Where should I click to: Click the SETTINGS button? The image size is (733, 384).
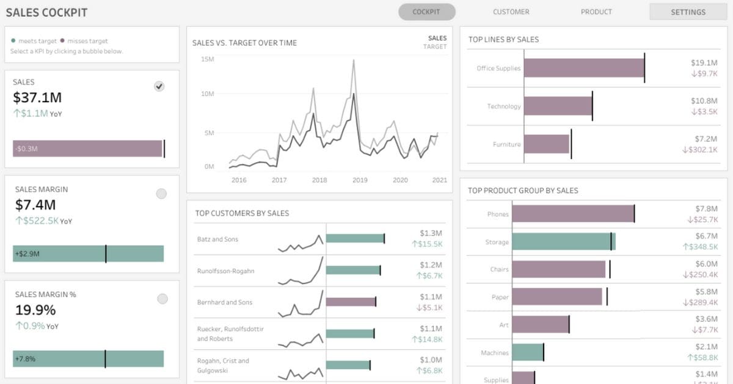(688, 12)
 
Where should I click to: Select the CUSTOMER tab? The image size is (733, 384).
(511, 12)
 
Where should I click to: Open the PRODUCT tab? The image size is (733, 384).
(596, 12)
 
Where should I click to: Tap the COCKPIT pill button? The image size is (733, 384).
(427, 12)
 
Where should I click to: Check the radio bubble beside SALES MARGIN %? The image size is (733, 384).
(162, 299)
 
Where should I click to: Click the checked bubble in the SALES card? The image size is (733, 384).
(159, 87)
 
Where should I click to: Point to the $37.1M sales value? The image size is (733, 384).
(37, 97)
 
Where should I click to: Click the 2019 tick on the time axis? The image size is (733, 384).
(360, 180)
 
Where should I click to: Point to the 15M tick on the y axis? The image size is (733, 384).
(207, 59)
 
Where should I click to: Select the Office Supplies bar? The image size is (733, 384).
(583, 68)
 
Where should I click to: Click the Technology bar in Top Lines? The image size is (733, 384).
(558, 106)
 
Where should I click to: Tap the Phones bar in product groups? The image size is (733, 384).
(572, 213)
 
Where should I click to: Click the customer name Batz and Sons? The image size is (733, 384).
(217, 239)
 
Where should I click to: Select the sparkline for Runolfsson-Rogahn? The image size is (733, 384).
(301, 270)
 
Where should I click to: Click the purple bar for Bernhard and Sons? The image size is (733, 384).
(351, 301)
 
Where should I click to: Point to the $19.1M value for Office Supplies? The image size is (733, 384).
(704, 62)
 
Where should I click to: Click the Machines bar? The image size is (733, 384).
(527, 352)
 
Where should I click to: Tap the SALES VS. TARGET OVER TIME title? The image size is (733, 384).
(244, 43)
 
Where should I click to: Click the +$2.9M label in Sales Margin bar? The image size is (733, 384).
(27, 253)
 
